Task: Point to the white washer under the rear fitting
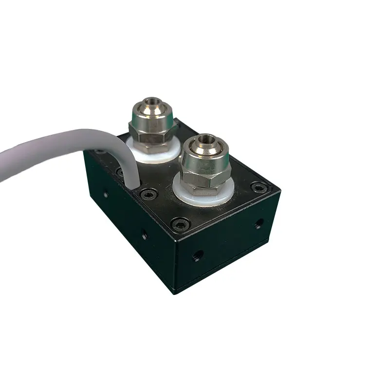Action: click(x=146, y=152)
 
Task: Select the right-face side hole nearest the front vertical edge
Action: click(x=198, y=254)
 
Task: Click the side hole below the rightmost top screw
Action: click(x=259, y=224)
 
